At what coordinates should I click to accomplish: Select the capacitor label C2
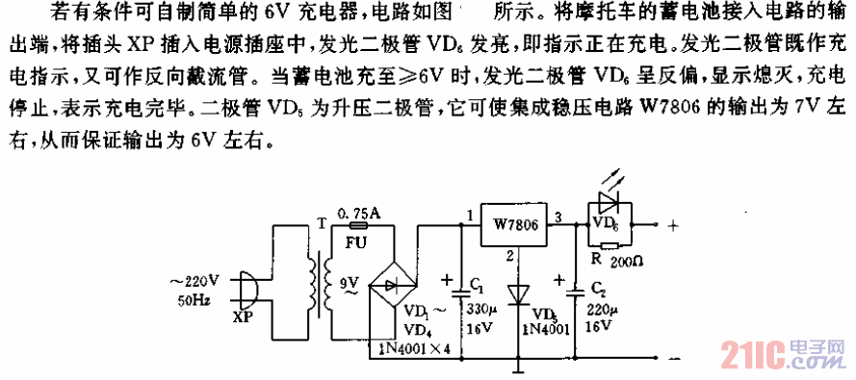597,289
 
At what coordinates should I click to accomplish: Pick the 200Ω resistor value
631,261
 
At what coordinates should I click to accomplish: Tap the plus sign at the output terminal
671,227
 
